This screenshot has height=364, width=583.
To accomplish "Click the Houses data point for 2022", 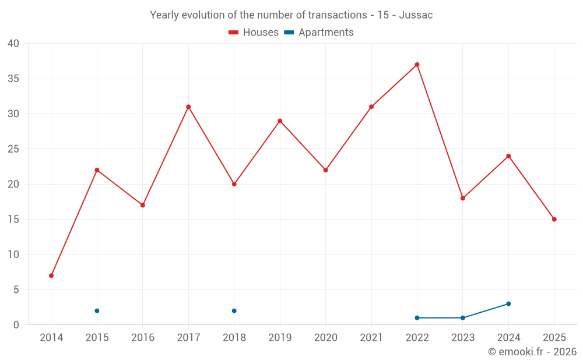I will (417, 65).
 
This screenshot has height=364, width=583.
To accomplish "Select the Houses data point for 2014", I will (51, 275).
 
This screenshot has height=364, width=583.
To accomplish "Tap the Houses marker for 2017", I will (188, 107).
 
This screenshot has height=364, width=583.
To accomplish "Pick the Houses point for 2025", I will (554, 220).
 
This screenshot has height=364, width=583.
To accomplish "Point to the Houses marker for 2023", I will (462, 198).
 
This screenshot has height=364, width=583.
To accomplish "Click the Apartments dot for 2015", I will (97, 311).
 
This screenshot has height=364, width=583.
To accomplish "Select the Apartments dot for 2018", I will (234, 311).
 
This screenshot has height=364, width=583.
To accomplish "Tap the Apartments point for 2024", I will (508, 304).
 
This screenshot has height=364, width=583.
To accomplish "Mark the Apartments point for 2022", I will (417, 318).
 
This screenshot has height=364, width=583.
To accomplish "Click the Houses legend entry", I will (254, 33).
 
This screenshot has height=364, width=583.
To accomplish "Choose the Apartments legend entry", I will (319, 33).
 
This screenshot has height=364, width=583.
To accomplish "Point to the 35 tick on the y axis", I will (13, 79).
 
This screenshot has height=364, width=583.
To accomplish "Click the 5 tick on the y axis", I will (16, 290).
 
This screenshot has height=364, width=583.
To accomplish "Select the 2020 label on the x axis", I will (325, 338).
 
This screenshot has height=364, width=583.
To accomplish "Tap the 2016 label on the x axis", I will (143, 338).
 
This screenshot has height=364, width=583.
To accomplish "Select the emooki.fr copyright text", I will (532, 352).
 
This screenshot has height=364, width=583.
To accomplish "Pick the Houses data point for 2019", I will (280, 121).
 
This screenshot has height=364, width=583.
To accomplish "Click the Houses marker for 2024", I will (508, 156).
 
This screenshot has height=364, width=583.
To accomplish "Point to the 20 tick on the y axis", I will (13, 185).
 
